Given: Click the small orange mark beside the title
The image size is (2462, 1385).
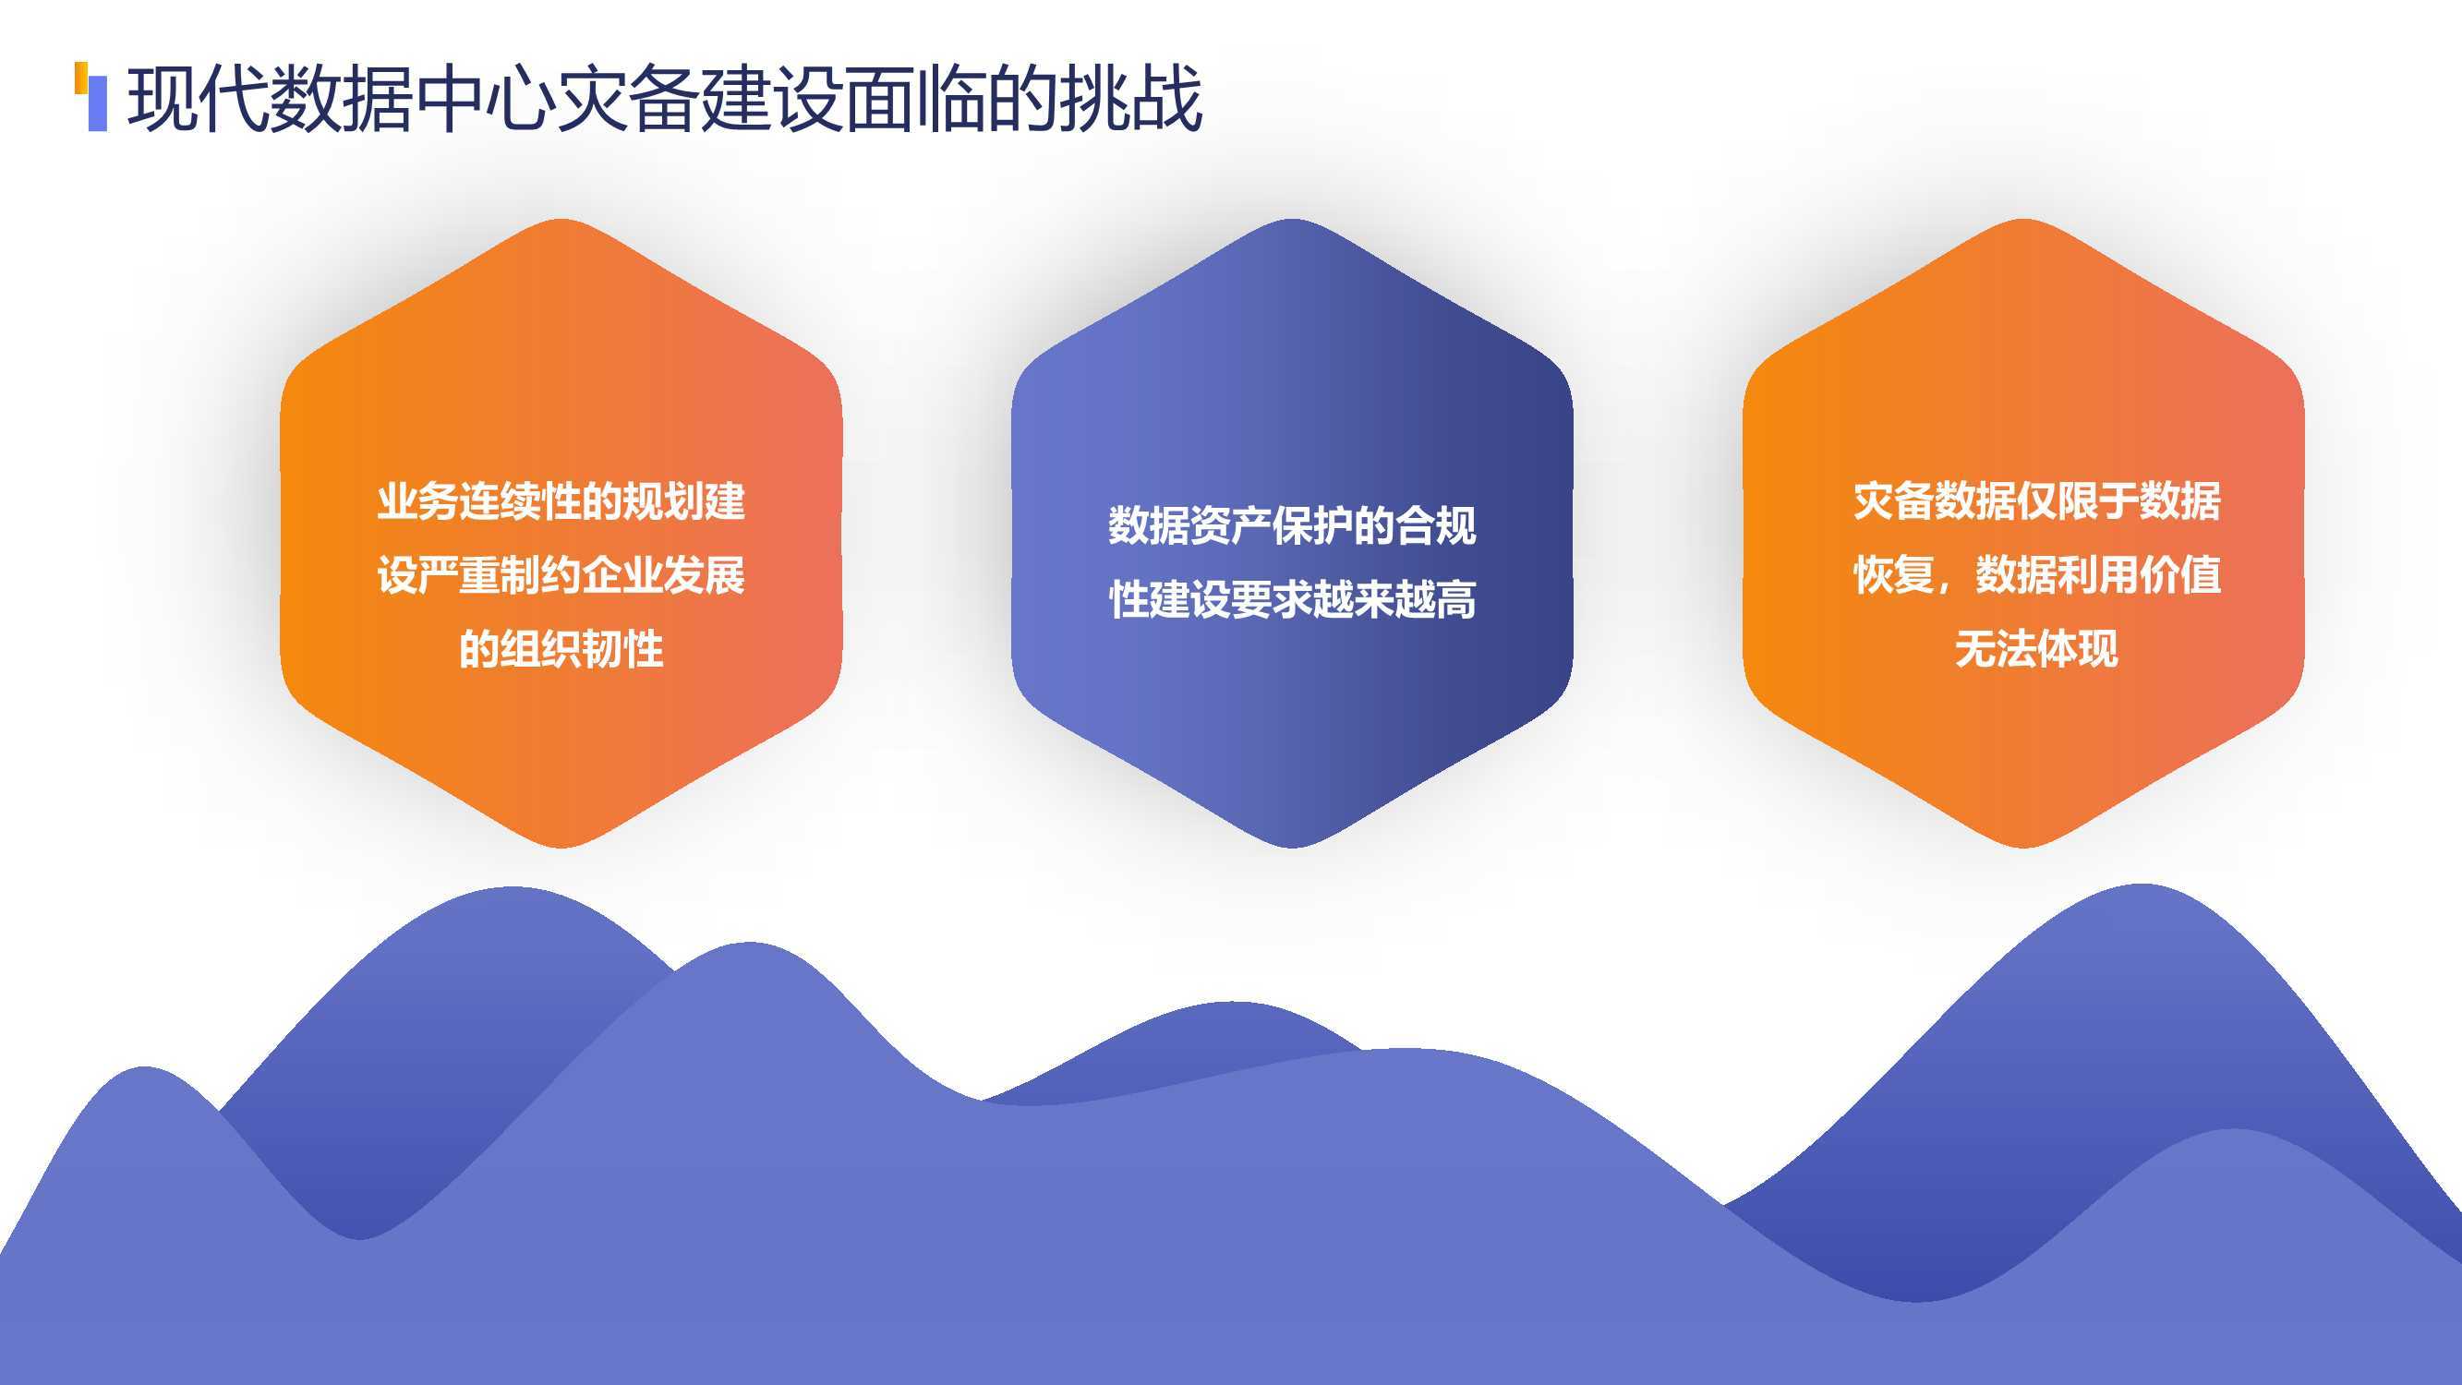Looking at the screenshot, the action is pos(81,78).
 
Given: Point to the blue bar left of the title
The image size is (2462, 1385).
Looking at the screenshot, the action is pos(98,103).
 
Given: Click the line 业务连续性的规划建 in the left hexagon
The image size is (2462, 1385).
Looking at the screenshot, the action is pos(561,501).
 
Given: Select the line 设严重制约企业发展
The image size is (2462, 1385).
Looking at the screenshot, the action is pos(561,575).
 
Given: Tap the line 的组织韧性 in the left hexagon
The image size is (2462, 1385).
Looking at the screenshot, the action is pos(561,649).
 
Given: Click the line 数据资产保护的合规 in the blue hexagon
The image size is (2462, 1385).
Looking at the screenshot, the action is pos(1292,525).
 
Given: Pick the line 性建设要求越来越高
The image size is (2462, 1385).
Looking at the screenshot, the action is pos(1292,599).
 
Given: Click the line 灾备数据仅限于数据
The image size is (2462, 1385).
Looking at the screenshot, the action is pos(2036,501).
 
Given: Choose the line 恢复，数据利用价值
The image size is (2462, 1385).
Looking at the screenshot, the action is pos(2036,575).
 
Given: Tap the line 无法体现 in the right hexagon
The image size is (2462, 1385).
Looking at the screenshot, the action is pos(2036,649).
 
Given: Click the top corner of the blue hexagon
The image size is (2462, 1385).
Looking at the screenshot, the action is pos(1292,220).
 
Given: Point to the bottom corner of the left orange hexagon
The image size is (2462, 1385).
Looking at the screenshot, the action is pos(561,847).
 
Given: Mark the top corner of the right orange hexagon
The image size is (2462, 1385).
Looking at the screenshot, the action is pos(2023,220).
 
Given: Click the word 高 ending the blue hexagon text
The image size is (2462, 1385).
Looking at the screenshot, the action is pos(1455,599).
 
